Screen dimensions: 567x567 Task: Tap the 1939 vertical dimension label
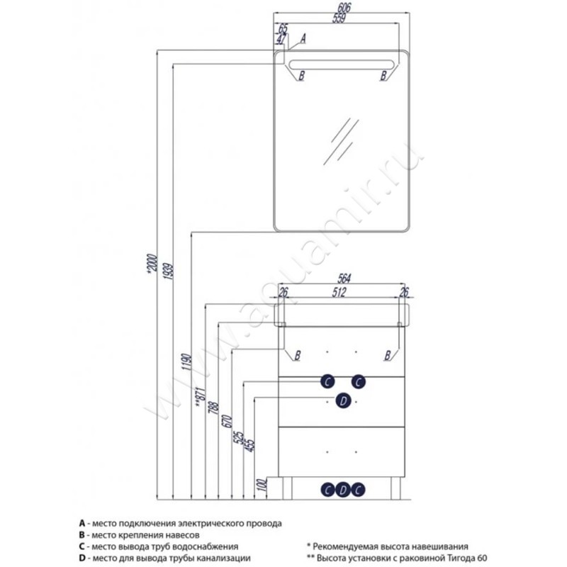166,274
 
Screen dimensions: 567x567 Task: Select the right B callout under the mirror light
385,74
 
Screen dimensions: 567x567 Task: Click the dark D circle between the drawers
342,401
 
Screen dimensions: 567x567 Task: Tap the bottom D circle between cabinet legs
343,489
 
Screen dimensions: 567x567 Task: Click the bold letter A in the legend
82,522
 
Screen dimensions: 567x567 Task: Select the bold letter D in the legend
82,558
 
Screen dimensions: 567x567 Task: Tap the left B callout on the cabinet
298,354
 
